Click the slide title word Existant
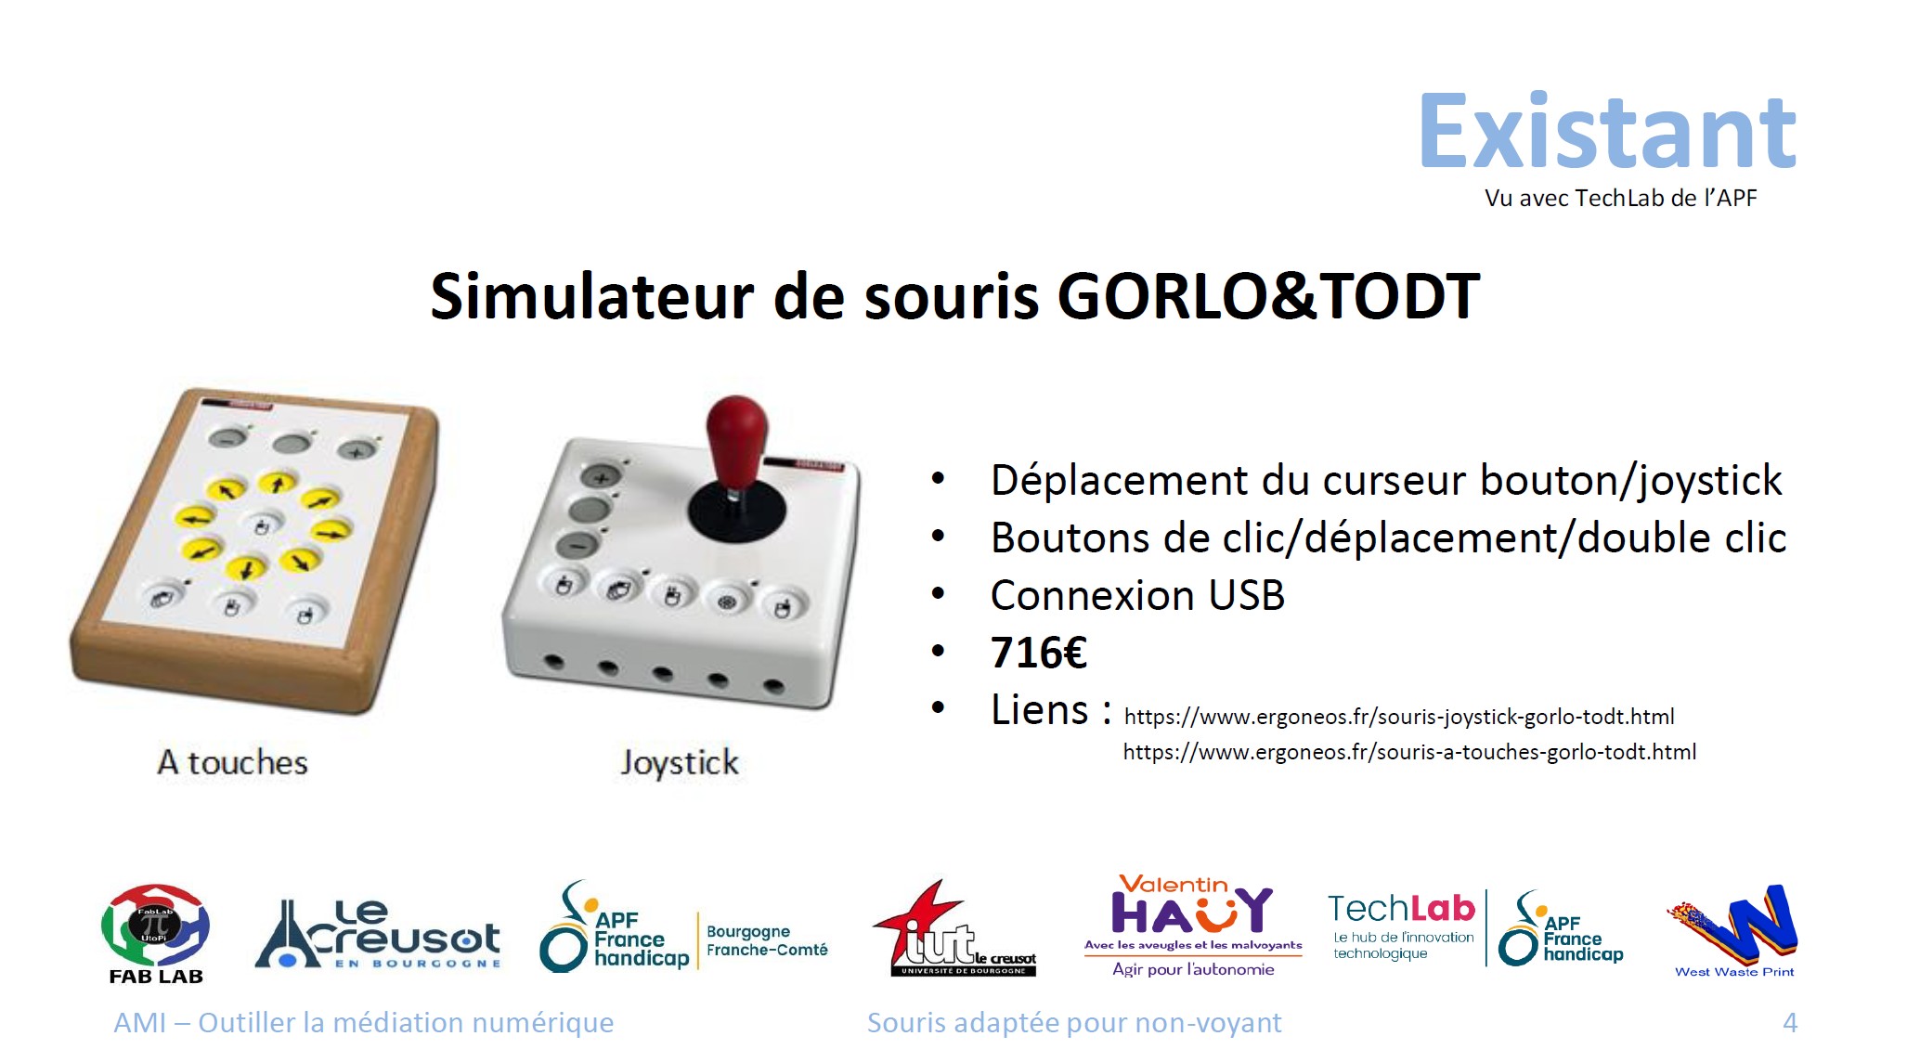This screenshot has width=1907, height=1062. (1608, 132)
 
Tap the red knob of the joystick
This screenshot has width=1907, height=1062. (737, 437)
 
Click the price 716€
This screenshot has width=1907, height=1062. (1039, 653)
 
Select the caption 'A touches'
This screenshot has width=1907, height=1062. (232, 762)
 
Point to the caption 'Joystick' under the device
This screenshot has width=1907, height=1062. (680, 763)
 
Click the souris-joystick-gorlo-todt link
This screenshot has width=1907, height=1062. (1399, 717)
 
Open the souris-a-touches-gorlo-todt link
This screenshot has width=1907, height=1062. (1409, 752)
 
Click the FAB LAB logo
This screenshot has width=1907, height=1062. (156, 933)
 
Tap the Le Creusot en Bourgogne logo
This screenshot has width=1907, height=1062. (378, 934)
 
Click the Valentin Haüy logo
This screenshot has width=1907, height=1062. (1193, 926)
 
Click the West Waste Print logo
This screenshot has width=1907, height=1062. (1733, 931)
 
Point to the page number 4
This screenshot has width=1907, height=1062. (1790, 1023)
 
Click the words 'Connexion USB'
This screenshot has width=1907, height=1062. (1137, 595)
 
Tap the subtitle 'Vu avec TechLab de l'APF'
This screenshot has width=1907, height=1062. (1620, 198)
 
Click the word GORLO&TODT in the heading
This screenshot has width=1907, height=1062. (1268, 296)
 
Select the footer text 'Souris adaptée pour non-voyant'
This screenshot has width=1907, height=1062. (1074, 1023)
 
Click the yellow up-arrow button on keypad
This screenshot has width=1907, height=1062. (277, 483)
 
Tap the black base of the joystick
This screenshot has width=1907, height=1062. (736, 510)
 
